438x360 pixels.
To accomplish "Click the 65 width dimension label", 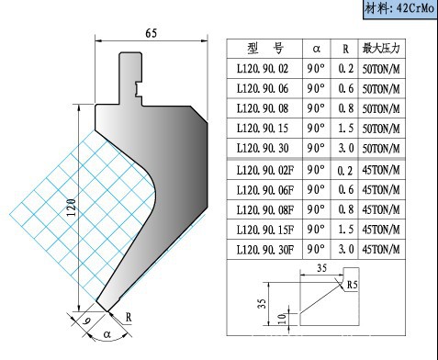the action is (x=152, y=33).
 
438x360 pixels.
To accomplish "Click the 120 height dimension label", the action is (x=72, y=208).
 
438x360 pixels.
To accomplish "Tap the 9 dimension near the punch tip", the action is (x=87, y=321).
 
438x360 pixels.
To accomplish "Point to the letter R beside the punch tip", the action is (x=129, y=317).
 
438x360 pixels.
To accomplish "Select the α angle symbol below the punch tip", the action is (x=107, y=334).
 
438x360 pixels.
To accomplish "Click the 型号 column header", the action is (x=265, y=49).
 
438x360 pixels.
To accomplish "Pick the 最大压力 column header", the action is (x=381, y=49).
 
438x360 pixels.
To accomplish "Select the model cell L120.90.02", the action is (x=263, y=69).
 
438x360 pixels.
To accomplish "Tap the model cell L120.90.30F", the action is (x=265, y=250).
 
